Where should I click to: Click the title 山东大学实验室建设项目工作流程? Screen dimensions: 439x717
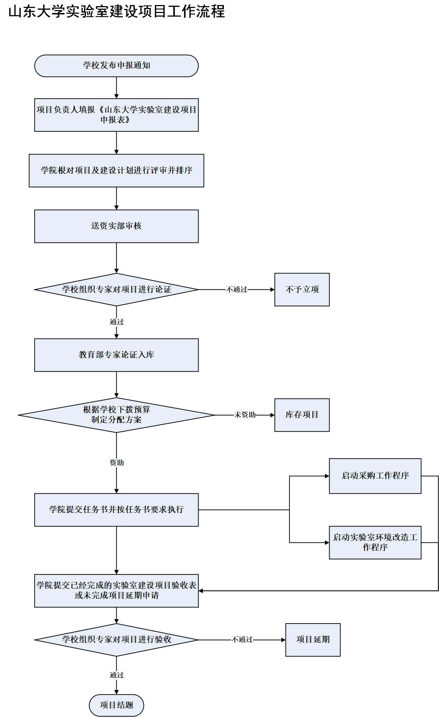click(x=117, y=12)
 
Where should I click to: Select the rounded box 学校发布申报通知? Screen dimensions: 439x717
click(x=116, y=66)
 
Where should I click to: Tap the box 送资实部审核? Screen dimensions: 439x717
click(x=116, y=226)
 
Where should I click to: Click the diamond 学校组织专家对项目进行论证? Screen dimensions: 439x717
click(x=116, y=289)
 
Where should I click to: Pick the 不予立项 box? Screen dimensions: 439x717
click(x=302, y=289)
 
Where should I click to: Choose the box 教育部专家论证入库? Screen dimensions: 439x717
click(x=116, y=355)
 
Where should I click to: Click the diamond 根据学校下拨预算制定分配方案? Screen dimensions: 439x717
click(x=116, y=415)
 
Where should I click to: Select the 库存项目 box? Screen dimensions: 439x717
click(x=302, y=415)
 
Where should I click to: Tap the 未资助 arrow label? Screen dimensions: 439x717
click(x=245, y=415)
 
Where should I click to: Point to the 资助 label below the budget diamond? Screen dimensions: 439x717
click(x=117, y=463)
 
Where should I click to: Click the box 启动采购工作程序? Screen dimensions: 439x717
click(x=375, y=476)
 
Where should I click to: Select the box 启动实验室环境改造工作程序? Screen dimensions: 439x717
click(x=375, y=542)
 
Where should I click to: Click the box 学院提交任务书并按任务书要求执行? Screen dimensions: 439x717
click(x=116, y=510)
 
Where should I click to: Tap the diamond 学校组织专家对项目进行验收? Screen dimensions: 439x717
click(x=116, y=640)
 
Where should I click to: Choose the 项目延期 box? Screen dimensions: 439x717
click(x=313, y=640)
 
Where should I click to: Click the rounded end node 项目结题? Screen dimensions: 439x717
click(x=116, y=705)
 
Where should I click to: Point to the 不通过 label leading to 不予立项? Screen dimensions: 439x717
click(x=237, y=289)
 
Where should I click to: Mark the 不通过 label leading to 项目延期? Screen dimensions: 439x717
click(x=242, y=640)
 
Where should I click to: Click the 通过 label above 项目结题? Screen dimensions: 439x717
click(x=117, y=675)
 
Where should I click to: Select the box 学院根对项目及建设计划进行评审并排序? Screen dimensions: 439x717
click(x=116, y=171)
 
